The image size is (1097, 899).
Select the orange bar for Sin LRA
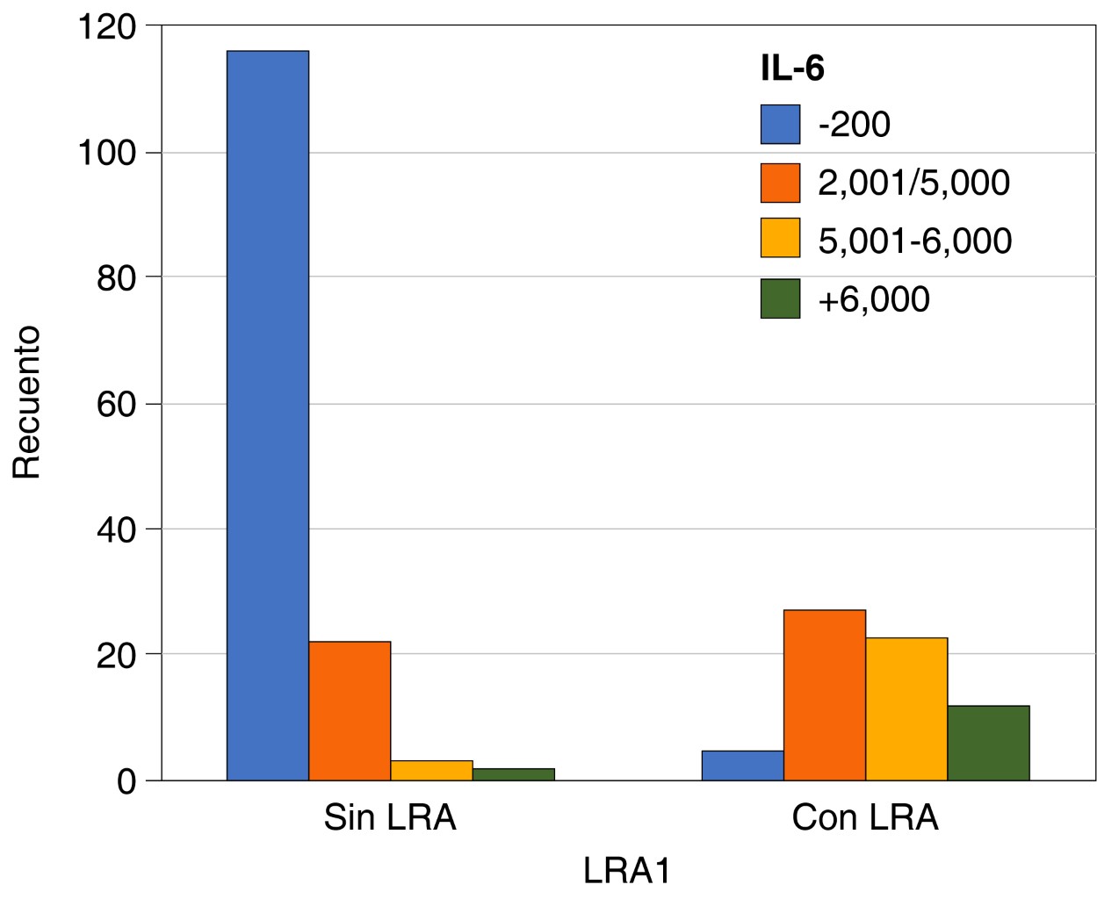coord(350,710)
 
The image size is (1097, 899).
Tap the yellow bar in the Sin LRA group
coord(431,770)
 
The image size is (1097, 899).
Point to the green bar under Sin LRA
coord(513,774)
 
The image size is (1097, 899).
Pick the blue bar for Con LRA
coord(742,766)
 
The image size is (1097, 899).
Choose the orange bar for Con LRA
coord(824,694)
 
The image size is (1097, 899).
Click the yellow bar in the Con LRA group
coord(906,708)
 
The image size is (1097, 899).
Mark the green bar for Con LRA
coord(988,743)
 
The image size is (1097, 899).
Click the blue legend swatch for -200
coord(780,125)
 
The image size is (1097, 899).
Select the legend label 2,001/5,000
coord(913,183)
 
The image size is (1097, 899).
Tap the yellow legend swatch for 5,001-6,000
coord(780,238)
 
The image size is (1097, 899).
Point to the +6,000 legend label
coord(873,299)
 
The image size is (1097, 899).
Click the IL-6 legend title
coord(792,68)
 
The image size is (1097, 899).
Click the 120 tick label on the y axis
coord(107,27)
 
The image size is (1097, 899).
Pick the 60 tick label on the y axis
coord(116,404)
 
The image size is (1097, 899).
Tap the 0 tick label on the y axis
coord(127,780)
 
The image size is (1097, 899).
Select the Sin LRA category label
coord(390,817)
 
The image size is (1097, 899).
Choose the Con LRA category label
coord(864,817)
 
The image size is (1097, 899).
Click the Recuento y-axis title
coord(27,402)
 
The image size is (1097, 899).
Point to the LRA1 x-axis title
coord(627,870)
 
